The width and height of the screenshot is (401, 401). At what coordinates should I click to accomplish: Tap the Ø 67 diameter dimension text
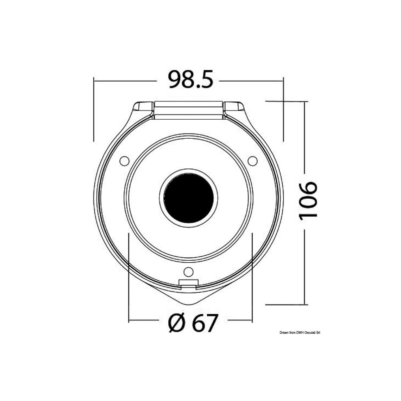point(193,323)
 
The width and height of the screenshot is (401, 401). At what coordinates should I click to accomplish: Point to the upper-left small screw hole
point(124,161)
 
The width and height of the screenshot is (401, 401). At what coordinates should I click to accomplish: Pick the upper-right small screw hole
point(253,161)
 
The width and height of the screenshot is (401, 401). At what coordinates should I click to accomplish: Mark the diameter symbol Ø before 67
point(176,323)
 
